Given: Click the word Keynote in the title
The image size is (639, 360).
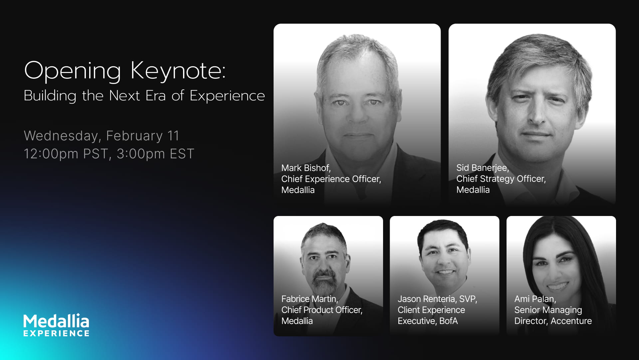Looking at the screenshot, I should [x=178, y=71].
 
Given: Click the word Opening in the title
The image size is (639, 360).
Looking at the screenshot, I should [x=72, y=71].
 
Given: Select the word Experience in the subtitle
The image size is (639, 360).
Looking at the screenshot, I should [x=227, y=96].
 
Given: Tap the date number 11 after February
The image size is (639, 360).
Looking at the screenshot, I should [x=173, y=136].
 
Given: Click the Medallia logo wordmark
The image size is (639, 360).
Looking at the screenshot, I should [x=56, y=321].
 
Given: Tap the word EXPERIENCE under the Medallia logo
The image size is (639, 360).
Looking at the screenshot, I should [x=56, y=333].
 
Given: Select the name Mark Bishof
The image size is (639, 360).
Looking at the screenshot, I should [x=306, y=168].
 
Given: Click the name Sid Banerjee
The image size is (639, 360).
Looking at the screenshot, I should [x=482, y=168].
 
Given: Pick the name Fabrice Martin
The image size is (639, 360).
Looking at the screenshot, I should [x=309, y=299].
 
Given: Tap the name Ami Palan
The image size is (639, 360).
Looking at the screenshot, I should [x=535, y=299].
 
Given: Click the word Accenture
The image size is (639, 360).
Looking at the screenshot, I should [x=571, y=321].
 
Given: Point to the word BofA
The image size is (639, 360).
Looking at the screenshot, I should [x=448, y=321].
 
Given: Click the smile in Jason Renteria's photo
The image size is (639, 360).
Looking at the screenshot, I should [x=445, y=272].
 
